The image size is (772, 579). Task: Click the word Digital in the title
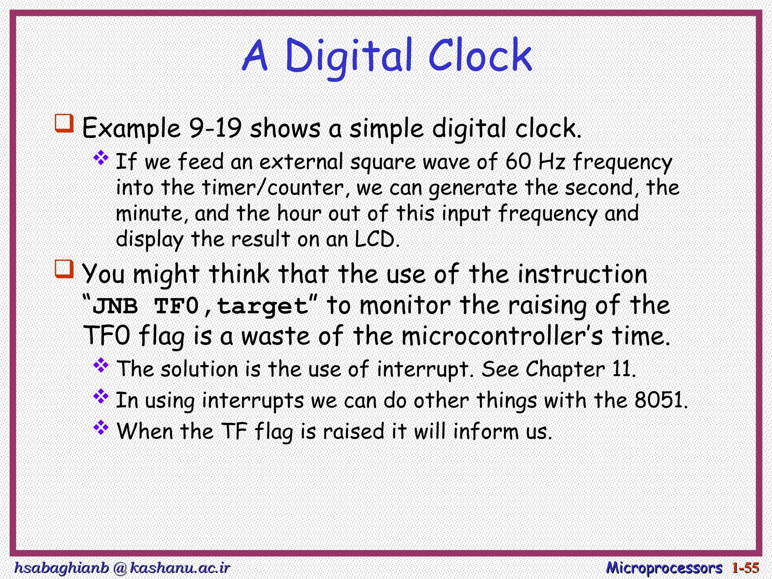pos(347,57)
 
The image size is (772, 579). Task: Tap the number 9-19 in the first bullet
pos(215,128)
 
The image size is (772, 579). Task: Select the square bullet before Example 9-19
pos(64,123)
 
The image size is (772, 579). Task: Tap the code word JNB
pos(115,306)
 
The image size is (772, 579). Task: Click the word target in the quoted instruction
pos(263,306)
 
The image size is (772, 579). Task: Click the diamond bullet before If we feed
pos(101,158)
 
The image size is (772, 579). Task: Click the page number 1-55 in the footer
pos(745,567)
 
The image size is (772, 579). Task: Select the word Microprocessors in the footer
pos(664,567)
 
